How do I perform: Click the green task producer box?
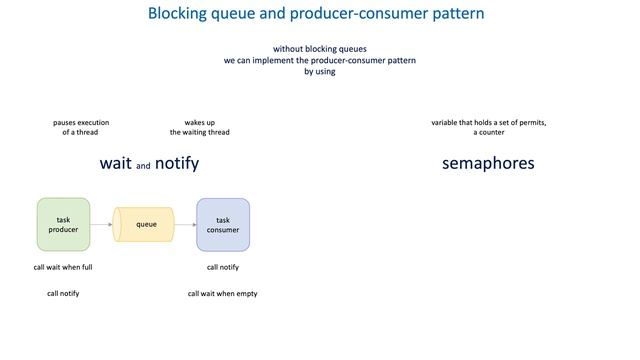[63, 224]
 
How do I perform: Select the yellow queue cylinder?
[144, 224]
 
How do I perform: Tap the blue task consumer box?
[223, 224]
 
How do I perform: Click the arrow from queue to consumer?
[185, 224]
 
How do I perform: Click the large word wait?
[115, 163]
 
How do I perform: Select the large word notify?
[177, 163]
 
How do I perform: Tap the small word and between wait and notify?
[143, 166]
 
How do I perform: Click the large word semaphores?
[488, 163]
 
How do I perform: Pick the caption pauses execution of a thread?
[81, 127]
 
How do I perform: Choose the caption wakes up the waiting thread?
[199, 127]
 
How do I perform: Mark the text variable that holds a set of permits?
[488, 123]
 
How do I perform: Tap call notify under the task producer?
[63, 293]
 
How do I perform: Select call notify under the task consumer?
[223, 267]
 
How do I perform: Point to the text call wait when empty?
[223, 293]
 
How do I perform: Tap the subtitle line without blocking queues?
[320, 49]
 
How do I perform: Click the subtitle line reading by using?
[320, 71]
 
